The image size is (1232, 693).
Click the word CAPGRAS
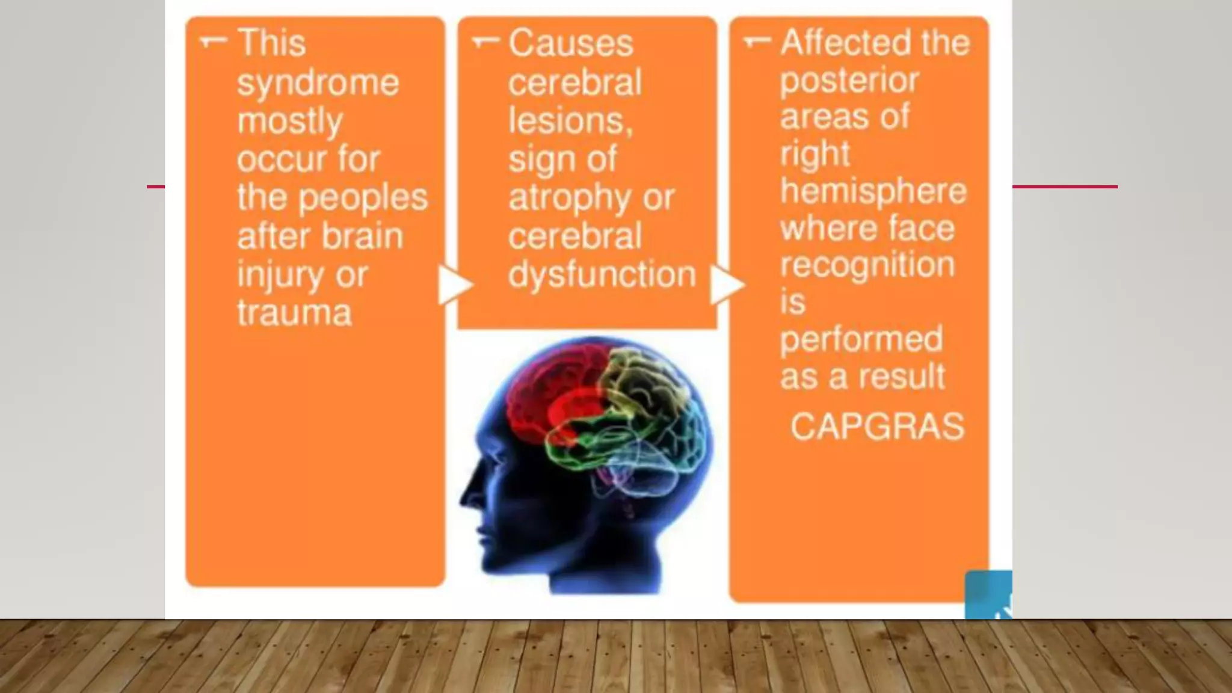[x=876, y=427]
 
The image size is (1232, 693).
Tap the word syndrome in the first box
[x=318, y=83]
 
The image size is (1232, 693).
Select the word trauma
[x=294, y=313]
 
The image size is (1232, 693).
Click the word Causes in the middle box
[x=570, y=43]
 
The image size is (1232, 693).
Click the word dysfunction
[x=602, y=274]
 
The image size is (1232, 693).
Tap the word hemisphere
[x=873, y=191]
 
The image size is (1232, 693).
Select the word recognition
[x=867, y=265]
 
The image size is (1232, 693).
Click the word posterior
[x=849, y=81]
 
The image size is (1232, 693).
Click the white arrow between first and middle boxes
[x=455, y=285]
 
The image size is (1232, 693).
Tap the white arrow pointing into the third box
[x=727, y=285]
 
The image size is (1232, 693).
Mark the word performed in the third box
[x=861, y=339]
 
